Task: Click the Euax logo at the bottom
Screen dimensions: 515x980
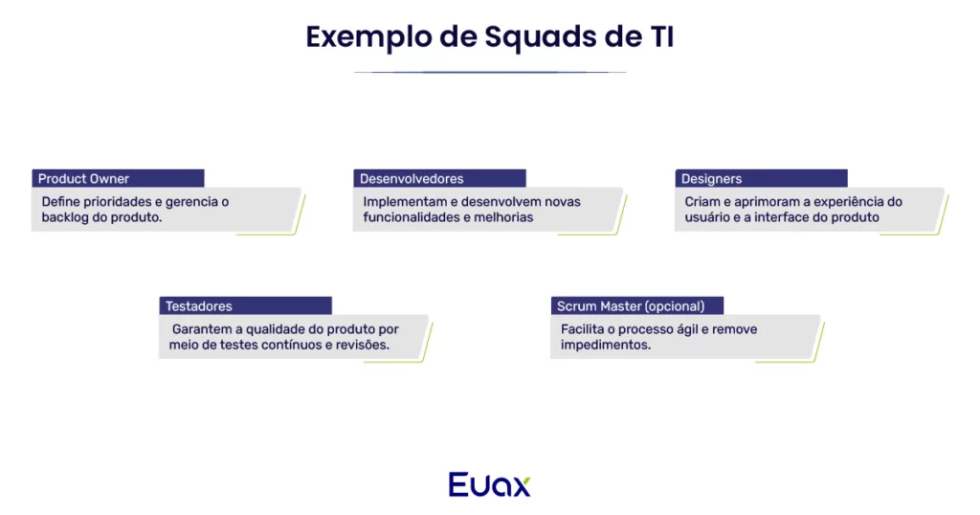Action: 489,483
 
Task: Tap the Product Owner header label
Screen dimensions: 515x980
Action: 84,179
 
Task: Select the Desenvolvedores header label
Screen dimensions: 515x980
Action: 412,179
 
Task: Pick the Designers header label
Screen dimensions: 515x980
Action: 711,179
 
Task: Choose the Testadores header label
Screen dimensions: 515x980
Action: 199,306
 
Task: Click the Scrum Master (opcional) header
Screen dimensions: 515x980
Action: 630,306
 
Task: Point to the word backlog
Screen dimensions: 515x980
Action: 65,217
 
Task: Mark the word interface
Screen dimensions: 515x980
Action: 784,217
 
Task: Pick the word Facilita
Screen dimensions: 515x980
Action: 583,329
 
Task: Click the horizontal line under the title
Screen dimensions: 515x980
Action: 489,72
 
